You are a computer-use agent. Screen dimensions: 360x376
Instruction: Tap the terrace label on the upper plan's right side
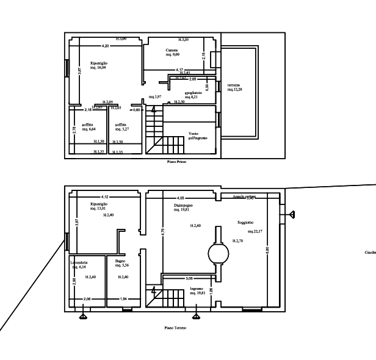tap(235, 87)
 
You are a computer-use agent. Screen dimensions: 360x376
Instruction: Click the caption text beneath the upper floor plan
tap(176, 162)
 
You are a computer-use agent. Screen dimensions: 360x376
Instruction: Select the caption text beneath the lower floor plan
tap(175, 328)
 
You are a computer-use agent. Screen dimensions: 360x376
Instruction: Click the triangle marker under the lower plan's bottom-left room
tap(83, 315)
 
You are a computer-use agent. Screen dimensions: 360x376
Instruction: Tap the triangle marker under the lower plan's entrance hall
tap(195, 315)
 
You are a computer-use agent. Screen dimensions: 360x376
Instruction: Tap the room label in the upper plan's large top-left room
tap(99, 65)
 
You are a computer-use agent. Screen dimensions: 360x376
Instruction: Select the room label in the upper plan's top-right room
tap(173, 51)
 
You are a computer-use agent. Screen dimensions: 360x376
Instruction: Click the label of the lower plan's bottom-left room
tap(79, 265)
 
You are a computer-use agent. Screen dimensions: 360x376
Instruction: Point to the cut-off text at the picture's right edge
tap(370, 251)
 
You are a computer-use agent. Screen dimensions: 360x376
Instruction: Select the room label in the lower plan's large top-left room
tap(99, 206)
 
